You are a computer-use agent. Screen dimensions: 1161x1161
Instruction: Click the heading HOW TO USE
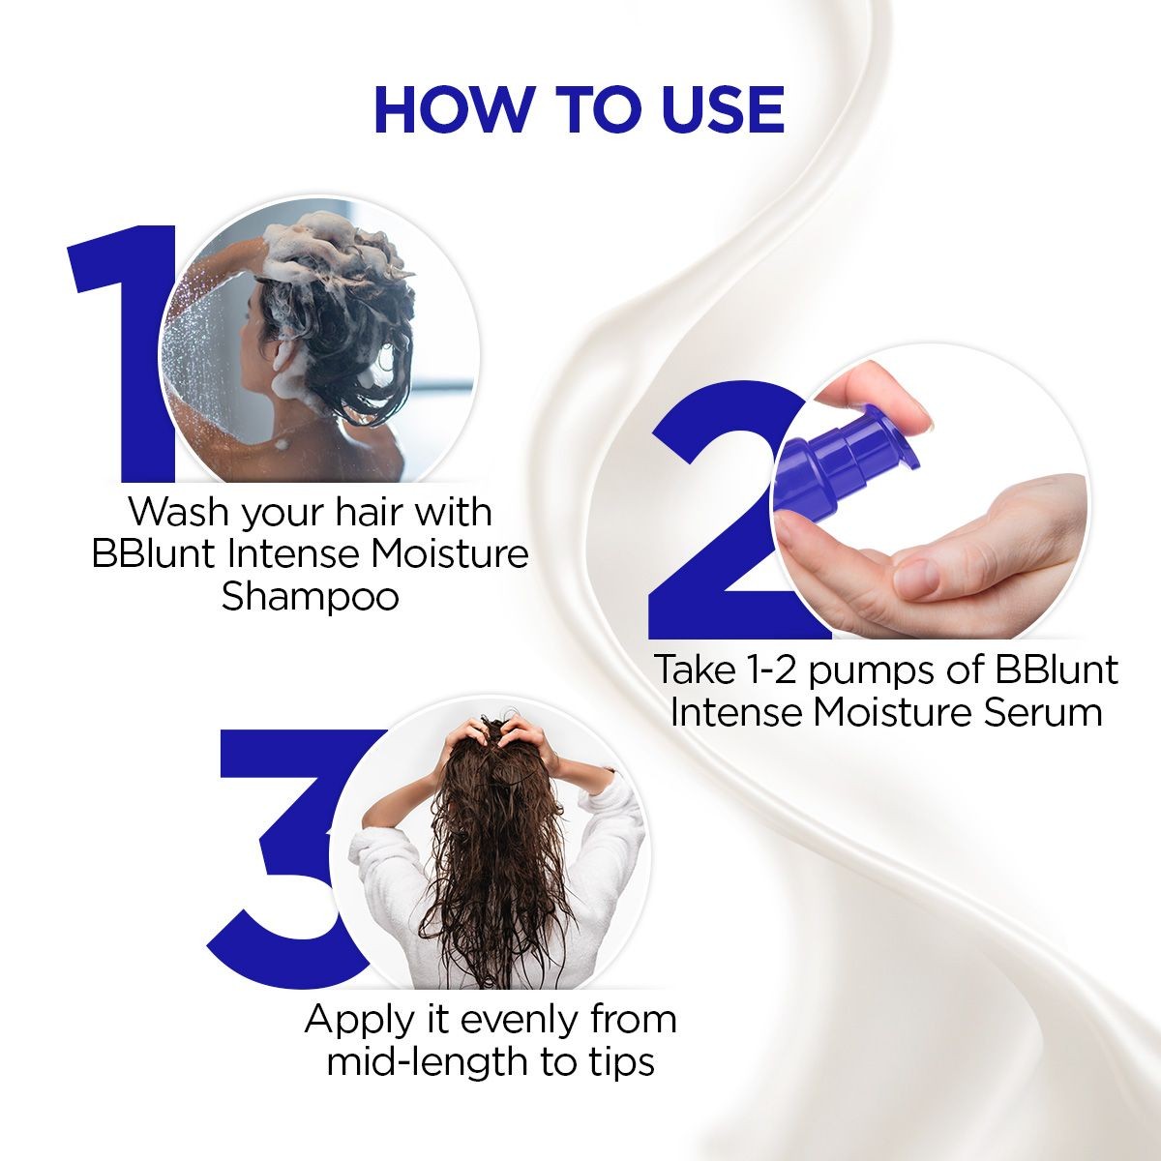[x=579, y=109]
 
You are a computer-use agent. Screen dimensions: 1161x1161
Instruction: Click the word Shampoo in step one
[x=310, y=596]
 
